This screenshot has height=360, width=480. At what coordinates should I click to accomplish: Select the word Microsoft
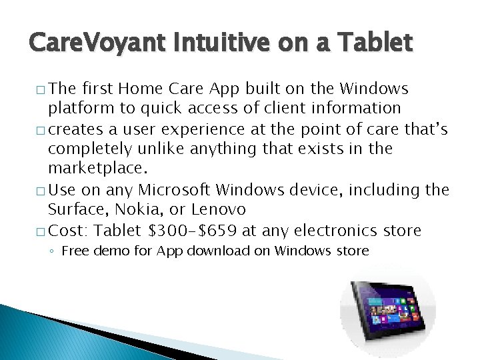tap(182, 190)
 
